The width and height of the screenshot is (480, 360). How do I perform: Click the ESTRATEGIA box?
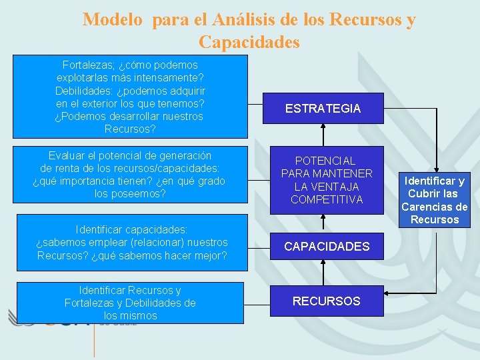(x=323, y=109)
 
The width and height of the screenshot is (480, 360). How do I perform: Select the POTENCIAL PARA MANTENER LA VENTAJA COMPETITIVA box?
(x=326, y=180)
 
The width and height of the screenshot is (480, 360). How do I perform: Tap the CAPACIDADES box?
(x=326, y=247)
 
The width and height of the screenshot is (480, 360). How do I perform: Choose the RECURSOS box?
(x=326, y=301)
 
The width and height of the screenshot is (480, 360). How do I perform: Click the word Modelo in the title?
(x=113, y=19)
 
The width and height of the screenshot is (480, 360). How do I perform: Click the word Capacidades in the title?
(x=249, y=43)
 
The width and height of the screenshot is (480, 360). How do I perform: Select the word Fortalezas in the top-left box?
(x=86, y=65)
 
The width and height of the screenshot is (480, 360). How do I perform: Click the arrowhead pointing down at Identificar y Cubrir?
(x=435, y=169)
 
